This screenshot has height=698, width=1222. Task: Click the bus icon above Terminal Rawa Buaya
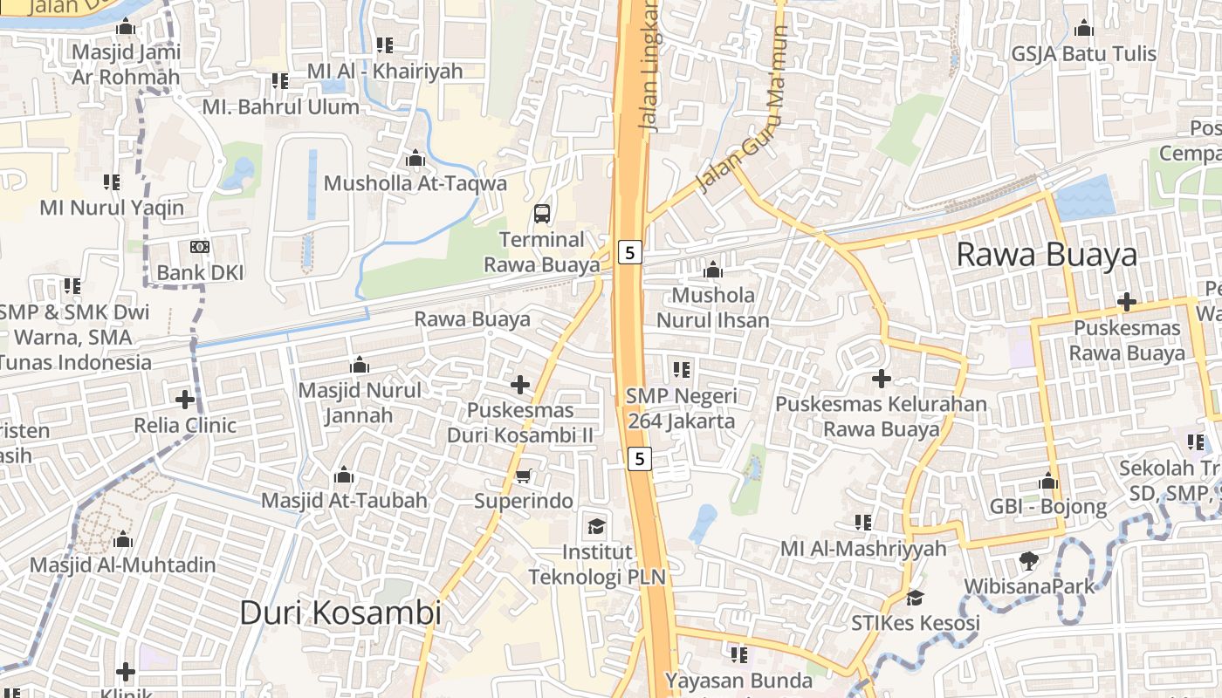[x=542, y=213]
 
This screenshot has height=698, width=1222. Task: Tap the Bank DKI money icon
[x=200, y=247]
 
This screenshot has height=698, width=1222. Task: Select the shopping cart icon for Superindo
[x=523, y=476]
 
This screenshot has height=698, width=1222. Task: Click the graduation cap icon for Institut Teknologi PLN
[x=596, y=526]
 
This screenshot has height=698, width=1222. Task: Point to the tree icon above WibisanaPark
[x=1029, y=560]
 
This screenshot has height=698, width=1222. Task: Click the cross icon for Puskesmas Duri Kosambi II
[x=520, y=384]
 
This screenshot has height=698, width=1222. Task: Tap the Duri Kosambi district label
[x=340, y=612]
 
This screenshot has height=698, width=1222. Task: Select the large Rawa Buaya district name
[x=1047, y=255]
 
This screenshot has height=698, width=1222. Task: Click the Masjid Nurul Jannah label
[x=360, y=402]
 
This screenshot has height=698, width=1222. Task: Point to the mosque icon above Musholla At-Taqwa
[x=415, y=158]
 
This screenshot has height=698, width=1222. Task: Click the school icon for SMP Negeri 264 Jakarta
[x=682, y=370]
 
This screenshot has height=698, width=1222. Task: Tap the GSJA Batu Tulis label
[x=1084, y=54]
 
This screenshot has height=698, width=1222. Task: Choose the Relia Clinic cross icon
[x=185, y=400]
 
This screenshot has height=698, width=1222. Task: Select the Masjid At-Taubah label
[x=345, y=501]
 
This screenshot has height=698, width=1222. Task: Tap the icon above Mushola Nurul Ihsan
[x=713, y=270]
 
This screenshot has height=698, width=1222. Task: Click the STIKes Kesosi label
[x=916, y=623]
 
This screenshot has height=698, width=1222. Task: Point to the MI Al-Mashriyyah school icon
[x=863, y=523]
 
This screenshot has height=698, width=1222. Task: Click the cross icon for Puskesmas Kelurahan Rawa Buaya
[x=882, y=379]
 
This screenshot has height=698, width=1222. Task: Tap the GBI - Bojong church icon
[x=1048, y=481]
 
